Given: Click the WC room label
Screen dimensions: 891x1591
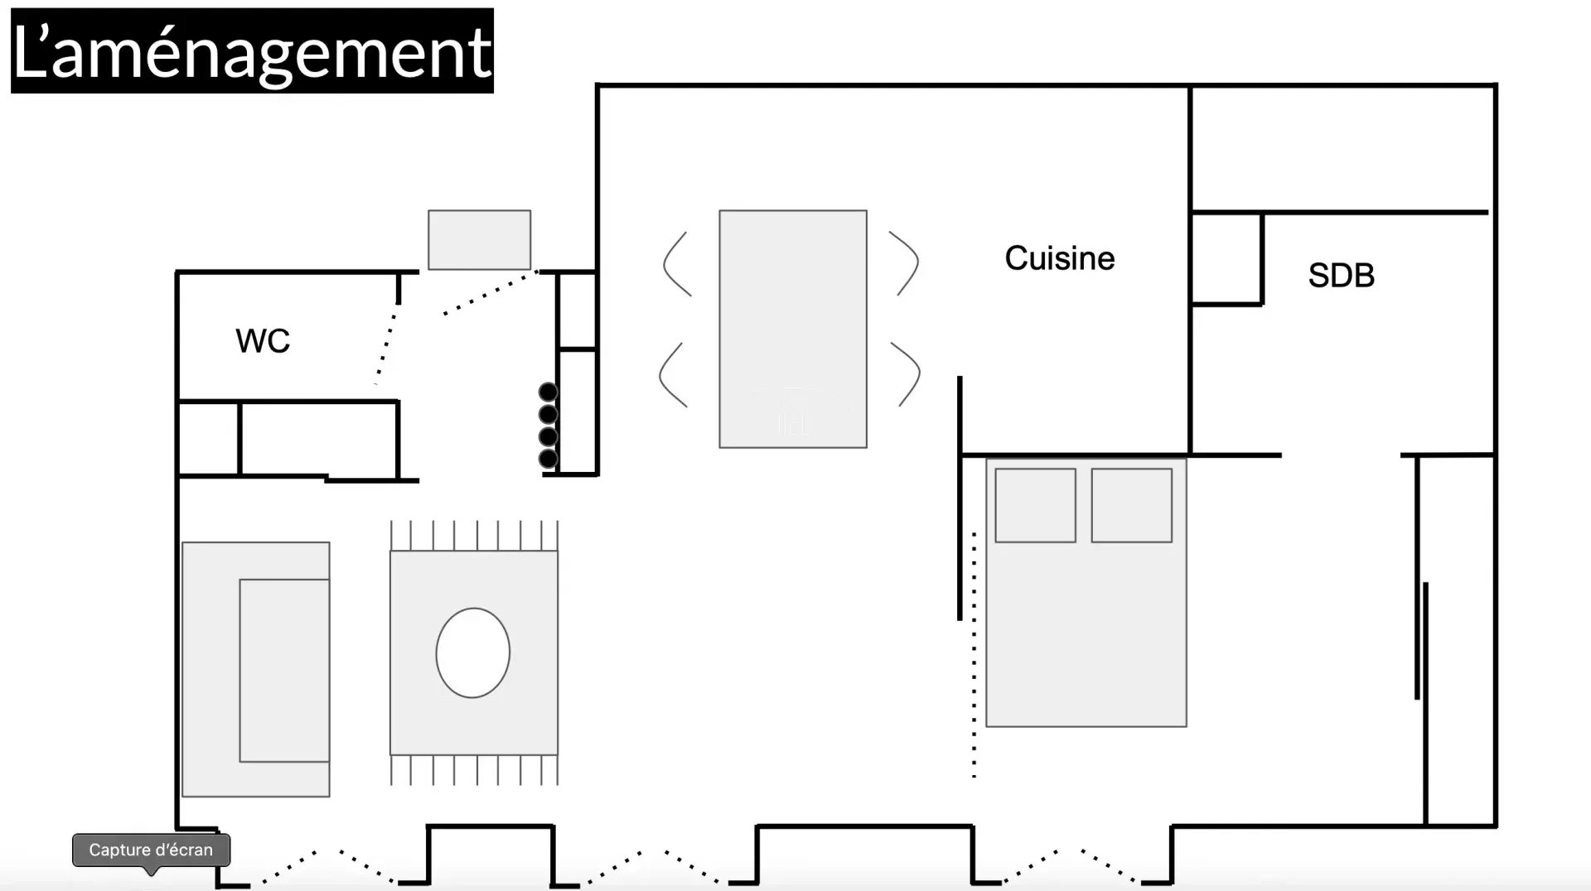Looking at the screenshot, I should (x=263, y=341).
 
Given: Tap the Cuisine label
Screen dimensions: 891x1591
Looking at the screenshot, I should (x=1059, y=258).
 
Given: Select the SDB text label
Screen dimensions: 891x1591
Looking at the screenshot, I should (x=1341, y=276).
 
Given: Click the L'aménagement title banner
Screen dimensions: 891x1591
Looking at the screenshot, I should (x=252, y=51).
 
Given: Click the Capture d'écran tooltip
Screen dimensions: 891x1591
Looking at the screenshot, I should (x=151, y=850).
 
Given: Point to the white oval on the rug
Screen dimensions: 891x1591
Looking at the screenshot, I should (x=472, y=653).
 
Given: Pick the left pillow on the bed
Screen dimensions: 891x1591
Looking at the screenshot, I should (x=1035, y=505).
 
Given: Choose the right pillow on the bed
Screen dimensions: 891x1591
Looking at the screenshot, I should (x=1131, y=505).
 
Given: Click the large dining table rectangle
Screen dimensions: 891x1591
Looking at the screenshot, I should (x=792, y=329).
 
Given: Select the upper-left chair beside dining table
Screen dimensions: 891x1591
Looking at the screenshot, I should (x=676, y=264).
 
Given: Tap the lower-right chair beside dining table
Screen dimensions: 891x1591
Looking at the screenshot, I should (x=908, y=374).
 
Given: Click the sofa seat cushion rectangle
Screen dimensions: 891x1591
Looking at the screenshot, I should (x=284, y=670).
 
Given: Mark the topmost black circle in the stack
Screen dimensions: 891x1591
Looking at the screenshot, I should (x=548, y=392).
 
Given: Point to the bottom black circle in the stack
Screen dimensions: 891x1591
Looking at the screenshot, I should (x=548, y=458).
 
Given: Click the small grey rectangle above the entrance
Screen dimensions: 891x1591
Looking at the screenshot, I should (x=479, y=240).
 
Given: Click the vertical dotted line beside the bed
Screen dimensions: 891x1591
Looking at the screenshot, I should (x=974, y=654).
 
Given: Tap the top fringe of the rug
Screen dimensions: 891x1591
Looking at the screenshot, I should (x=474, y=536).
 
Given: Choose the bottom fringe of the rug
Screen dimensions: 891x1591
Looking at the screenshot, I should (x=474, y=769).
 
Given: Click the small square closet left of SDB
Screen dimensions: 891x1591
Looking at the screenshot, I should (x=1226, y=258).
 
